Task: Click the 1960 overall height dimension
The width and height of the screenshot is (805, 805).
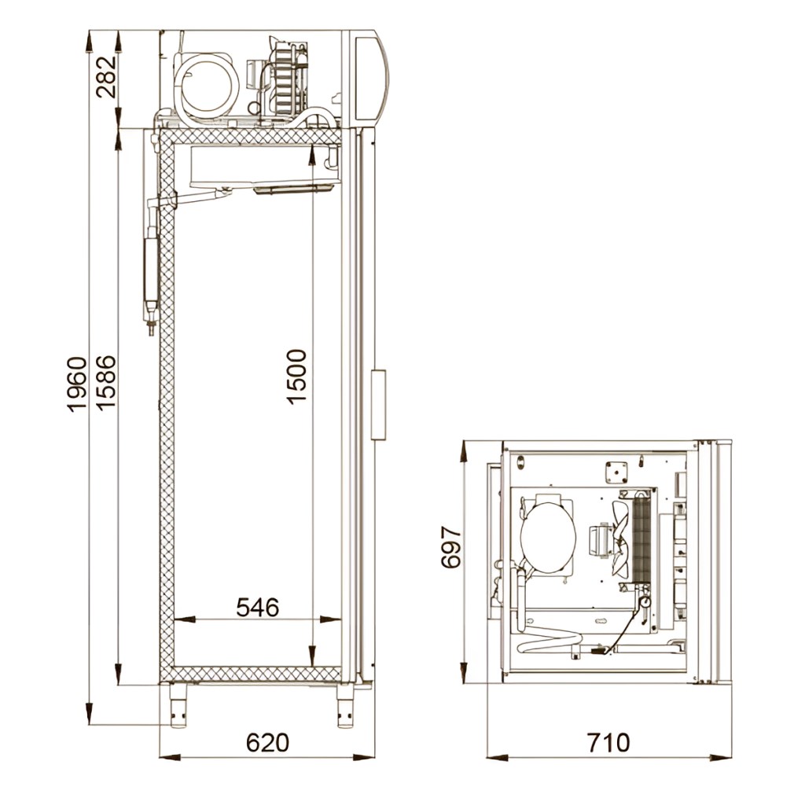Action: pos(77,384)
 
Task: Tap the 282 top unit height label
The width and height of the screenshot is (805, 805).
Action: pos(106,77)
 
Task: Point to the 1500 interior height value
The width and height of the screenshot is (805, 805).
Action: pos(296,377)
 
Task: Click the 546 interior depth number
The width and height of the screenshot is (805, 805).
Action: pos(258,608)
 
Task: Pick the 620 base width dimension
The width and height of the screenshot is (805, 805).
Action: pos(267,743)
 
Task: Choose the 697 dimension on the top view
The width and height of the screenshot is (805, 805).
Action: pos(451,547)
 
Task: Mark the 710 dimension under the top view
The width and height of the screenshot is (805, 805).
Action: pos(608,743)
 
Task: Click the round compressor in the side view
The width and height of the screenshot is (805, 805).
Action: pos(207,83)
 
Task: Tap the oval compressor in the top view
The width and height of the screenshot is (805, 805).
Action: pos(547,535)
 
